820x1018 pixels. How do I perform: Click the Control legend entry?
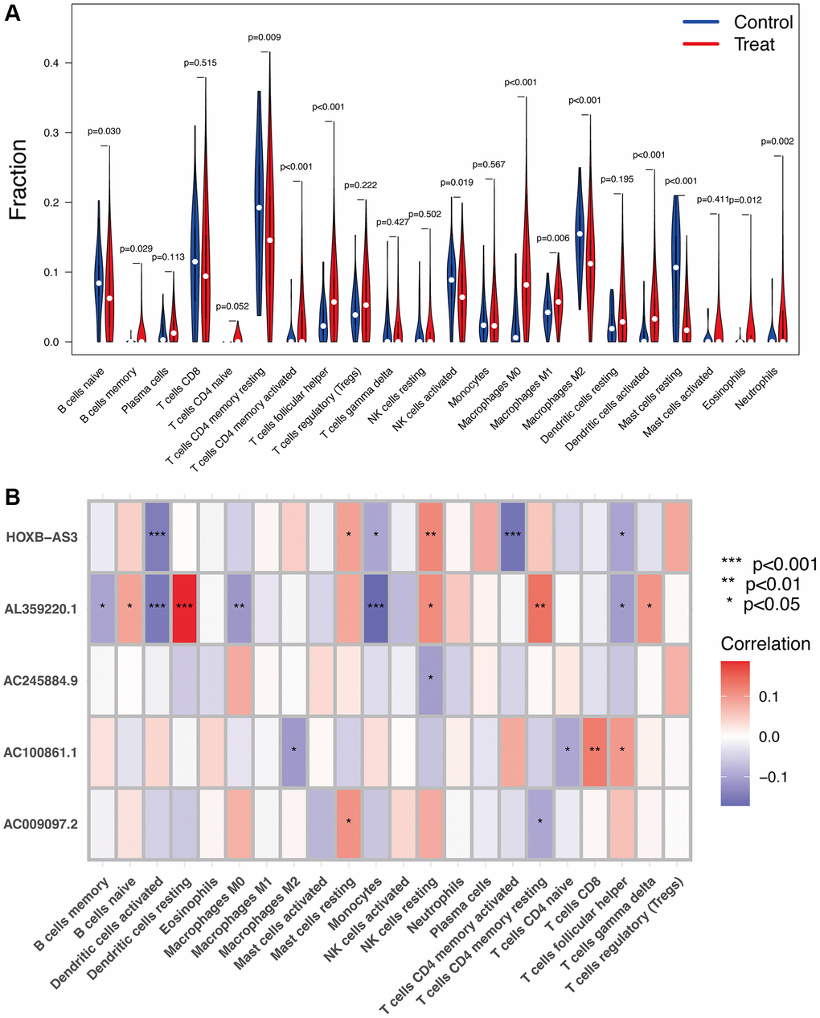pyautogui.click(x=763, y=23)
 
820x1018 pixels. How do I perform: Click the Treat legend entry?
pyautogui.click(x=754, y=45)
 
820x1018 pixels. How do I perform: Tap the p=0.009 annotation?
pyautogui.click(x=264, y=38)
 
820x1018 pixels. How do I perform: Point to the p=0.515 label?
pyautogui.click(x=200, y=63)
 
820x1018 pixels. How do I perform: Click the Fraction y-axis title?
pyautogui.click(x=18, y=180)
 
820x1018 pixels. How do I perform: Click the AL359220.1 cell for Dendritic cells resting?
pyautogui.click(x=185, y=609)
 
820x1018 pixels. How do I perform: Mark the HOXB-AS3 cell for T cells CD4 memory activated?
pyautogui.click(x=512, y=537)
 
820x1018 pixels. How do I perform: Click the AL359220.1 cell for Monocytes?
pyautogui.click(x=375, y=609)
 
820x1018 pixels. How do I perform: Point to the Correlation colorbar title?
pyautogui.click(x=765, y=644)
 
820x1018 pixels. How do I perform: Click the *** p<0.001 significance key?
pyautogui.click(x=770, y=564)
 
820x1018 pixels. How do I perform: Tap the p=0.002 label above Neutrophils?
pyautogui.click(x=777, y=142)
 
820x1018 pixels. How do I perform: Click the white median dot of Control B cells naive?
pyautogui.click(x=99, y=283)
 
